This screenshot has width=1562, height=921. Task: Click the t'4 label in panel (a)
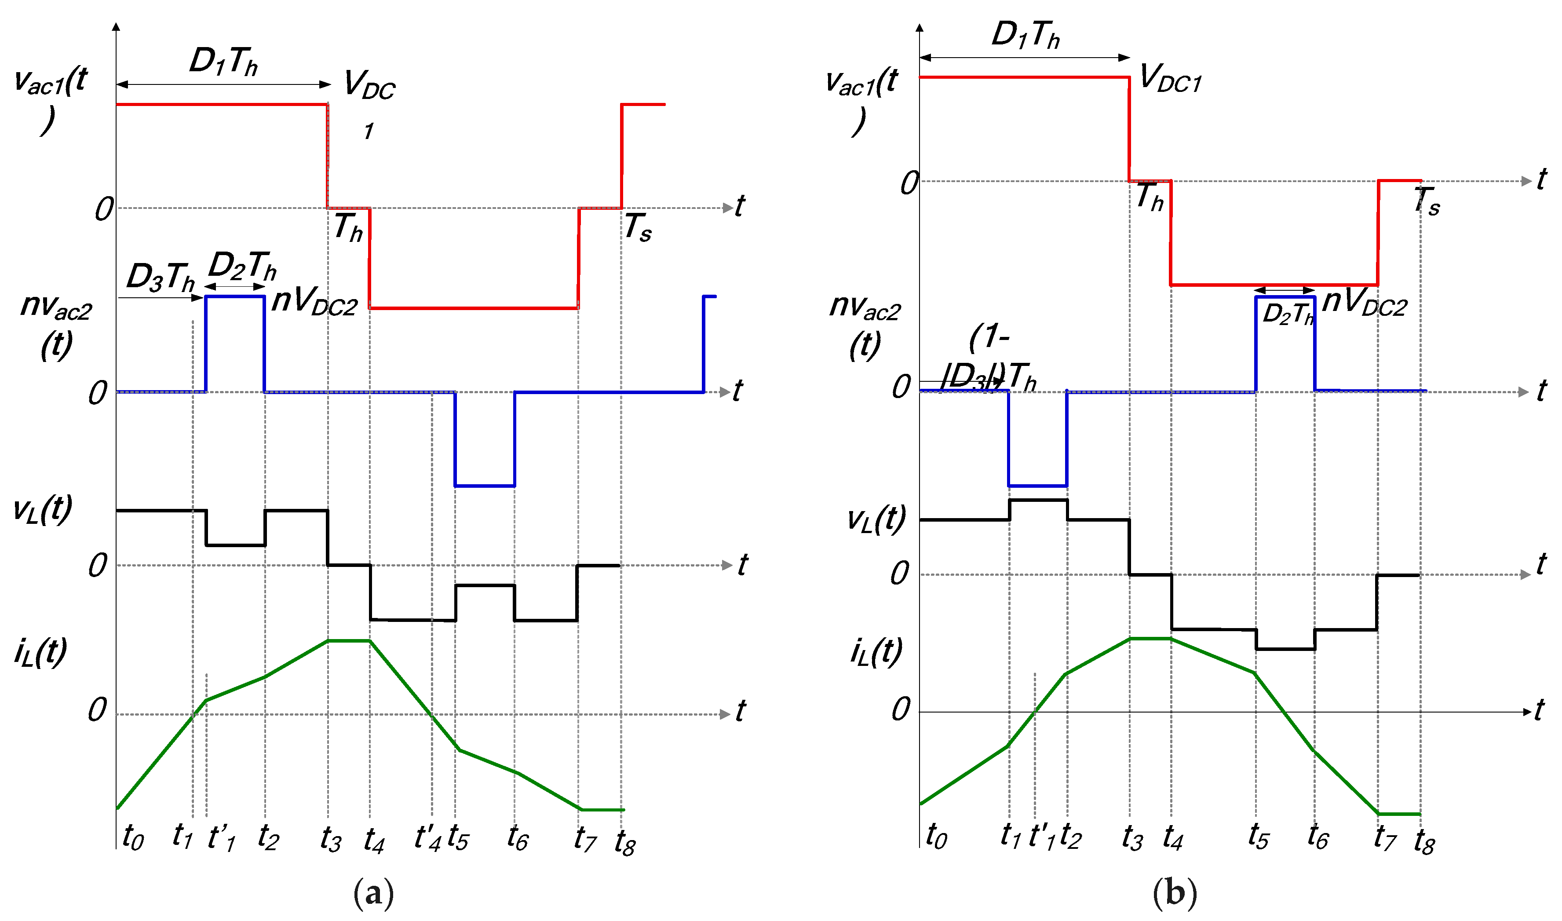[x=428, y=838]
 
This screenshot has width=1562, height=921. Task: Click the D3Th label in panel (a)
[x=161, y=277]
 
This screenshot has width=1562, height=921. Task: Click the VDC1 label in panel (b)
[x=1171, y=79]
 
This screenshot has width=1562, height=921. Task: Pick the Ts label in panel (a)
[x=638, y=227]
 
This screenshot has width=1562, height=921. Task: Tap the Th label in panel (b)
[x=1150, y=197]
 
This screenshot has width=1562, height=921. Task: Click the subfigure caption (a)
[x=373, y=894]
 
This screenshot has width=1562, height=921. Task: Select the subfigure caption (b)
[x=1174, y=894]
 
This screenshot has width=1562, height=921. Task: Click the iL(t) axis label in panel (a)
[x=40, y=652]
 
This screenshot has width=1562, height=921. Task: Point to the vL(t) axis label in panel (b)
[x=876, y=519]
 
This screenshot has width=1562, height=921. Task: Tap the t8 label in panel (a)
[x=625, y=842]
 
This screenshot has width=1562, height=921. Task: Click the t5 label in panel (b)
[x=1259, y=837]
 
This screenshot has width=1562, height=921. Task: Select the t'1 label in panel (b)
[x=1042, y=837]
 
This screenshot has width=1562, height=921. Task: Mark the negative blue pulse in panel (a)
[x=485, y=439]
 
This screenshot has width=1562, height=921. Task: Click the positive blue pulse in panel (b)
[x=1285, y=344]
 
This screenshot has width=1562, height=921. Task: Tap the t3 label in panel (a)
[x=331, y=840]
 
